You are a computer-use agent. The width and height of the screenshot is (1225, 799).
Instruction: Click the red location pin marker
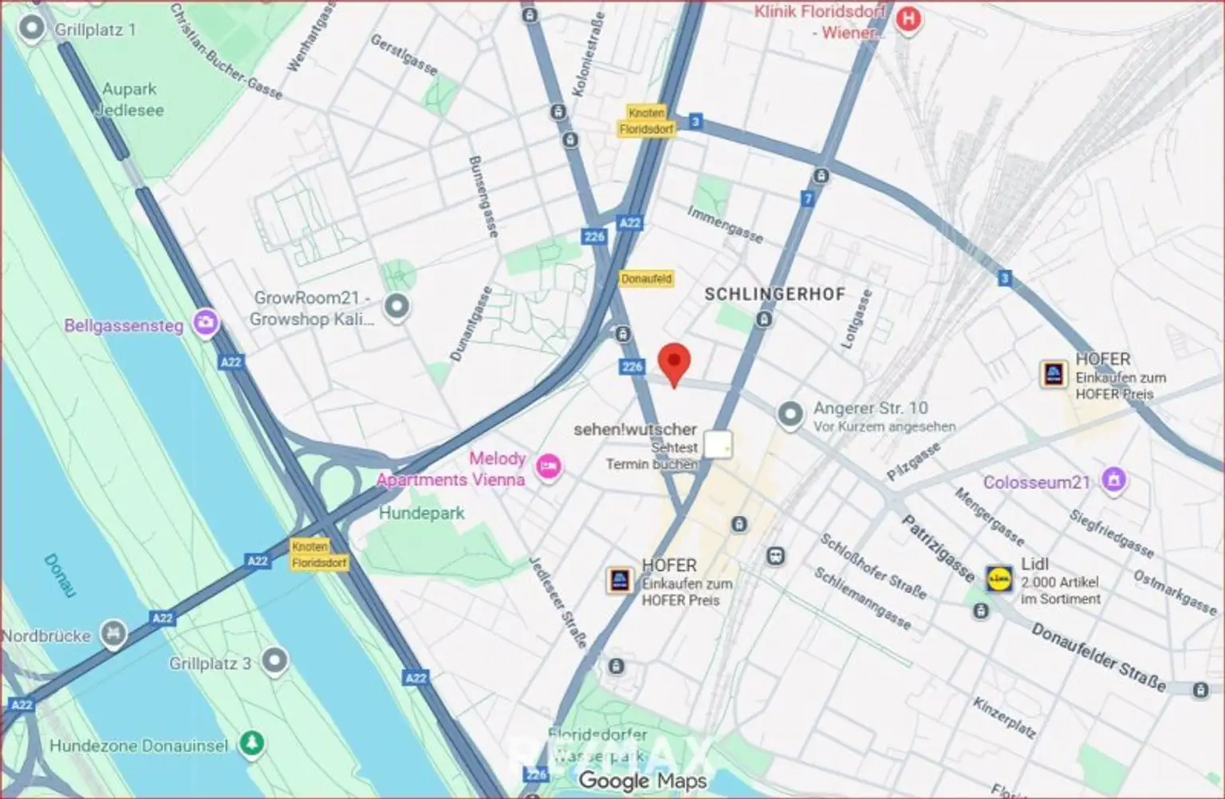tap(675, 364)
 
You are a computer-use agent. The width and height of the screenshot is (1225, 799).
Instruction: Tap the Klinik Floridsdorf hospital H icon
tap(908, 19)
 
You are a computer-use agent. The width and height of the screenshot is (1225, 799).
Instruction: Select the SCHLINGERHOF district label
tap(774, 294)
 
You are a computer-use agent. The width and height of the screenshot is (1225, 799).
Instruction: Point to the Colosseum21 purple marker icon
tap(1113, 481)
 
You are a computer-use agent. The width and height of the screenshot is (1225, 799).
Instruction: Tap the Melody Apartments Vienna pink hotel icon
tap(548, 467)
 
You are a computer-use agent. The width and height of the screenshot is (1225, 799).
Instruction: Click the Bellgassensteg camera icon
tap(206, 324)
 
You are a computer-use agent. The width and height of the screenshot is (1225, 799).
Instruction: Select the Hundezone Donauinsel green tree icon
tap(253, 744)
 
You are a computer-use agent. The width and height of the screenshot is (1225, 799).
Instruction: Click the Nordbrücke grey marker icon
tap(113, 635)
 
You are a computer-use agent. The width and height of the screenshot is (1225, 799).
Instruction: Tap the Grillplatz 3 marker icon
tap(275, 661)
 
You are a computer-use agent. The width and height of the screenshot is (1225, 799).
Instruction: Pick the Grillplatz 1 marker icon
tap(32, 30)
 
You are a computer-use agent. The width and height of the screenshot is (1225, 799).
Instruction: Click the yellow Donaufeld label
tap(646, 279)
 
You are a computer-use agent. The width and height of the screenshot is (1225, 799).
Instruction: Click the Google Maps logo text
tap(643, 781)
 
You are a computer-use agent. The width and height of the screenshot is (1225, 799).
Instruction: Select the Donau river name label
tap(59, 576)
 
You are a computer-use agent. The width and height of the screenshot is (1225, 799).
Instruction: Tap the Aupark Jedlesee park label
tap(129, 100)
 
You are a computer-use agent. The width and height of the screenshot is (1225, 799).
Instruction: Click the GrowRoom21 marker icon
tap(396, 306)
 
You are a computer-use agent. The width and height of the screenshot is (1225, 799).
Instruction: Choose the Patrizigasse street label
tap(938, 548)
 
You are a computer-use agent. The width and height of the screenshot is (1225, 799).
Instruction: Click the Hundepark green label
tap(421, 513)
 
